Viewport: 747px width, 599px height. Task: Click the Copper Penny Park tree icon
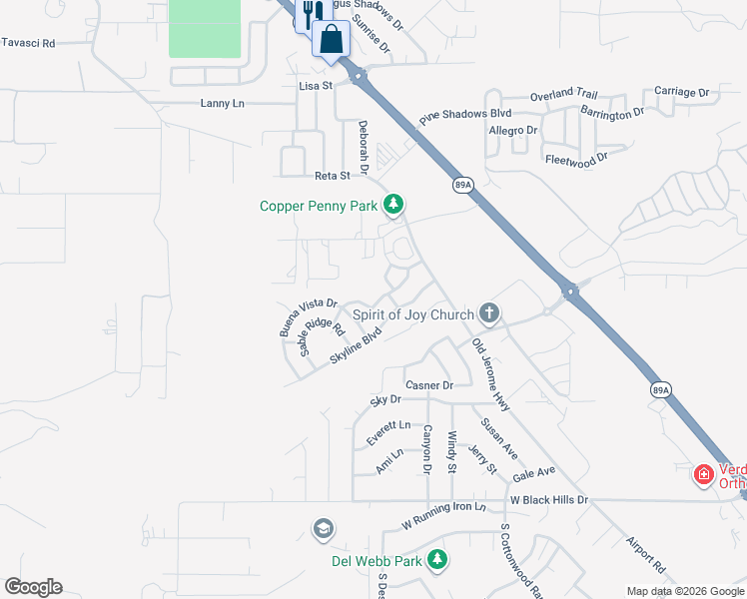[x=394, y=206]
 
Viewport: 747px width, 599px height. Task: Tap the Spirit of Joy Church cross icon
[x=489, y=313]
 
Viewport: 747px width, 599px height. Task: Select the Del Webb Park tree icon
[x=437, y=560]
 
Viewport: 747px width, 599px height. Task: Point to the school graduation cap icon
[x=323, y=528]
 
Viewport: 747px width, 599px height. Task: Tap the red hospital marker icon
[x=704, y=474]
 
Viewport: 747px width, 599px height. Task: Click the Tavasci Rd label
[x=28, y=44]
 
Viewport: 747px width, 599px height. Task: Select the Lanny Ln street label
[x=222, y=103]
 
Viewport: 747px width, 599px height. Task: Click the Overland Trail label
[x=563, y=95]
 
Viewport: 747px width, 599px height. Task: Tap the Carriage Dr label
[x=681, y=92]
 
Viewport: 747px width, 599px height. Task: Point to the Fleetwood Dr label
[x=576, y=159]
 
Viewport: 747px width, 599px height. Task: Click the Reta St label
[x=333, y=176]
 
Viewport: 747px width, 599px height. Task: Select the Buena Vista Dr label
[x=309, y=317]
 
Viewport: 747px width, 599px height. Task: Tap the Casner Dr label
[x=429, y=385]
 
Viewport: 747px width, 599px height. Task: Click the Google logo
[x=33, y=587]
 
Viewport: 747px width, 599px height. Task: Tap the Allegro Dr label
[x=513, y=131]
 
